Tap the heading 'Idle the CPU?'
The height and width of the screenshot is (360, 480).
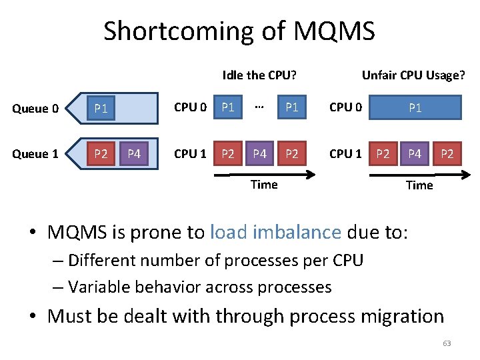pyautogui.click(x=259, y=75)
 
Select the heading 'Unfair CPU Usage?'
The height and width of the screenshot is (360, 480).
pyautogui.click(x=413, y=75)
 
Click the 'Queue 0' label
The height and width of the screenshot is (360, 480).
pyautogui.click(x=36, y=109)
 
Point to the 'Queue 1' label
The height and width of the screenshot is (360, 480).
pyautogui.click(x=36, y=154)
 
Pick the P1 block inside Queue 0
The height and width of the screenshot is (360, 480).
pyautogui.click(x=101, y=109)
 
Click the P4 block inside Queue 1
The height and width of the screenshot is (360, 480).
pyautogui.click(x=134, y=154)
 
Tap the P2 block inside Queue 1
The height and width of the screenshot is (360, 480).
pyautogui.click(x=101, y=154)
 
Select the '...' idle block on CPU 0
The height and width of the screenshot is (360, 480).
pyautogui.click(x=260, y=107)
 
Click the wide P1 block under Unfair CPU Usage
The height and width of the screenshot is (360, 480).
pyautogui.click(x=415, y=107)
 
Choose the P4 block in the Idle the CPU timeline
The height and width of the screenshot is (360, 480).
pyautogui.click(x=260, y=154)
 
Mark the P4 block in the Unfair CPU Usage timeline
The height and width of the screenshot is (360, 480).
pyautogui.click(x=415, y=154)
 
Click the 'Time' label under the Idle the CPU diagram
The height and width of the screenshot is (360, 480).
pyautogui.click(x=264, y=185)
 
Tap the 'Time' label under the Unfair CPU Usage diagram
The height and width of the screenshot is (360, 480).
pyautogui.click(x=419, y=185)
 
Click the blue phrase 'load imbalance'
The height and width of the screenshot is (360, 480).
pyautogui.click(x=275, y=232)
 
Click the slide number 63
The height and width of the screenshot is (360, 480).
pyautogui.click(x=447, y=343)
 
